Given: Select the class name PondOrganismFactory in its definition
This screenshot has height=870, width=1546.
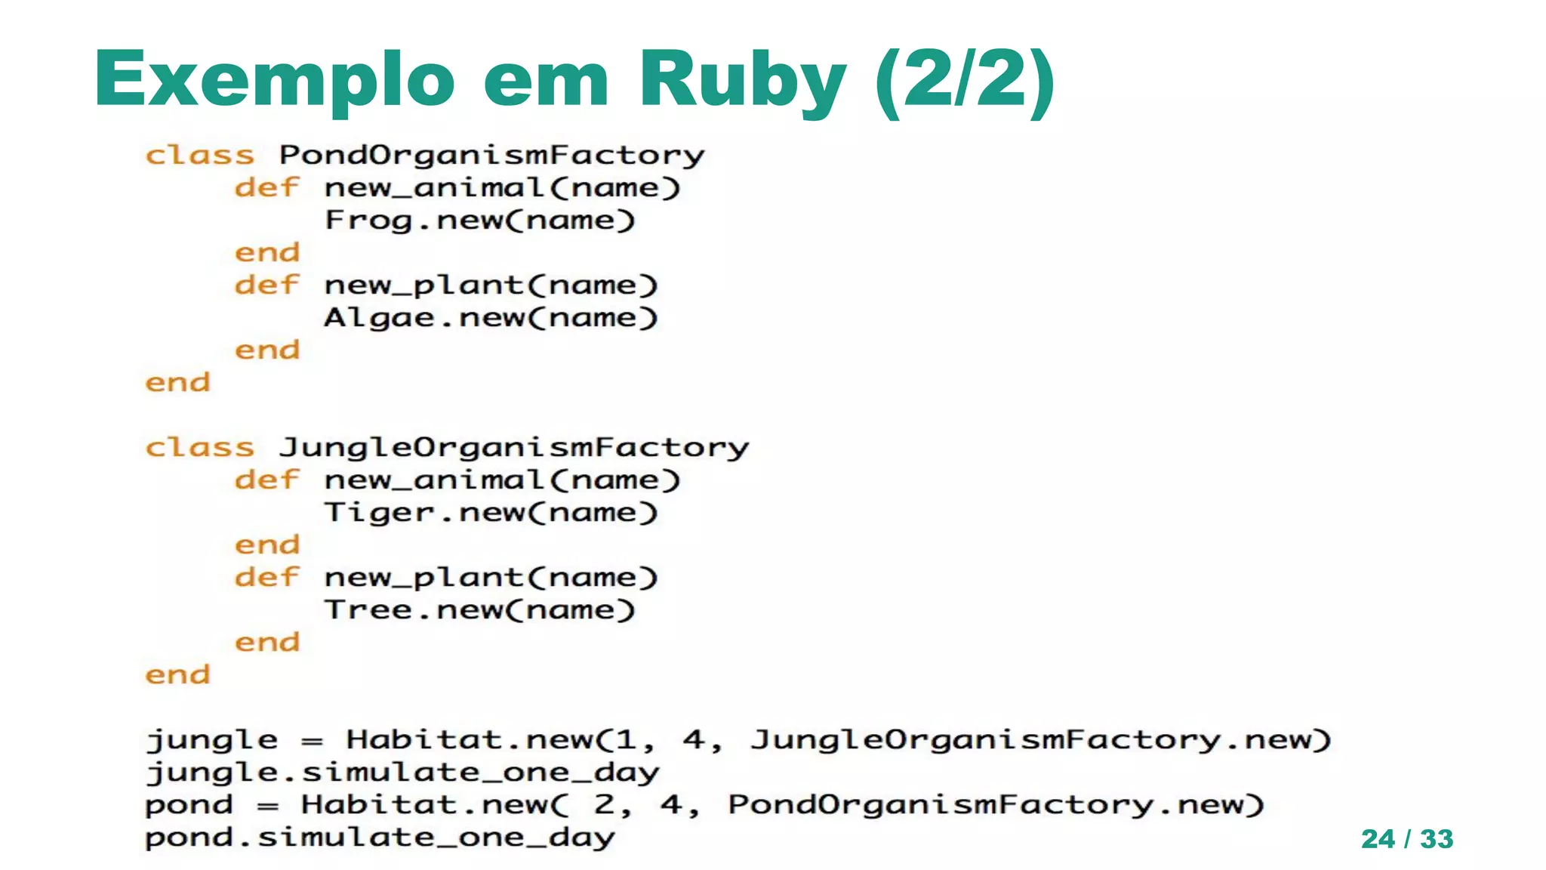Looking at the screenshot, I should click(491, 156).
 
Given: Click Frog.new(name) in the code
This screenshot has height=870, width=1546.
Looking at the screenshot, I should click(480, 221).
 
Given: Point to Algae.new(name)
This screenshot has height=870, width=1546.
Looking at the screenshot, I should click(491, 318).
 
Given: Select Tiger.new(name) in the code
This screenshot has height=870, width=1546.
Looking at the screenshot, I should click(491, 513).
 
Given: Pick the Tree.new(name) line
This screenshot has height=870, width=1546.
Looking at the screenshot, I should click(480, 610).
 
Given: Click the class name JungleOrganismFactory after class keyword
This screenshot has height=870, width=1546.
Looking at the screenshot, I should click(514, 448).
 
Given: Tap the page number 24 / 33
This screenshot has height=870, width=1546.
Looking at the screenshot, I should click(1407, 839).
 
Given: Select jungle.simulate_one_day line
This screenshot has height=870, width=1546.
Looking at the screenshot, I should click(403, 773).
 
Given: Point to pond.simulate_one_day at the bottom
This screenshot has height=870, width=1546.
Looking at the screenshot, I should click(380, 838).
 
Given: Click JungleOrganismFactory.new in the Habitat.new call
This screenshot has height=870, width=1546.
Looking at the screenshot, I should click(1040, 740).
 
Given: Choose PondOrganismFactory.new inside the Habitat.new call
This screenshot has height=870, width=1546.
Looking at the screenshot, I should click(995, 805).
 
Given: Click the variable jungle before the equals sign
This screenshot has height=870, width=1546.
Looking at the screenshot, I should click(212, 740).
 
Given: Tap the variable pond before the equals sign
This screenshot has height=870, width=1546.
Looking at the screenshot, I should click(189, 805).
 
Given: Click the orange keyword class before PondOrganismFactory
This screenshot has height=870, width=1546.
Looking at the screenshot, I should click(200, 156).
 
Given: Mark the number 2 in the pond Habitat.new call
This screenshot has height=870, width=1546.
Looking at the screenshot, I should click(604, 805).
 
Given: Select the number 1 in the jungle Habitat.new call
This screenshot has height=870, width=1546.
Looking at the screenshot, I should click(626, 740).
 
